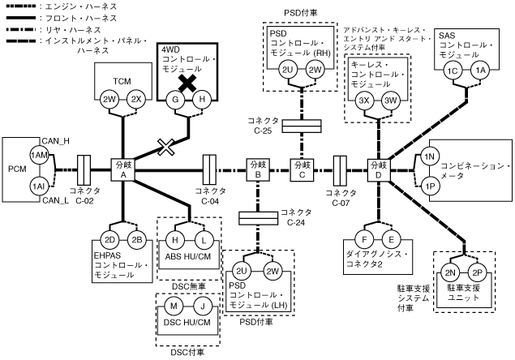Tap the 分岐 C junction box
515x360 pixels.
click(x=302, y=170)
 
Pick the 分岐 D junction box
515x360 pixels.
click(x=378, y=170)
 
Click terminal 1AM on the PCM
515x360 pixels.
click(x=37, y=155)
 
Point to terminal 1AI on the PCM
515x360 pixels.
click(x=37, y=186)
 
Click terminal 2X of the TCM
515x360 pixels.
click(x=137, y=100)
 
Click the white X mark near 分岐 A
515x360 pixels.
click(x=167, y=147)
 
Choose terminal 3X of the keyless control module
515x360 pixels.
click(x=365, y=101)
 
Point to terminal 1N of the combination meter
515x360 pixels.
click(x=431, y=156)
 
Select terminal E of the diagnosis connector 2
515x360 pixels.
click(x=391, y=240)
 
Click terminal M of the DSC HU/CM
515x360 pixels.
click(x=174, y=306)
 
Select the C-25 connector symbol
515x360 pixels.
click(x=302, y=126)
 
